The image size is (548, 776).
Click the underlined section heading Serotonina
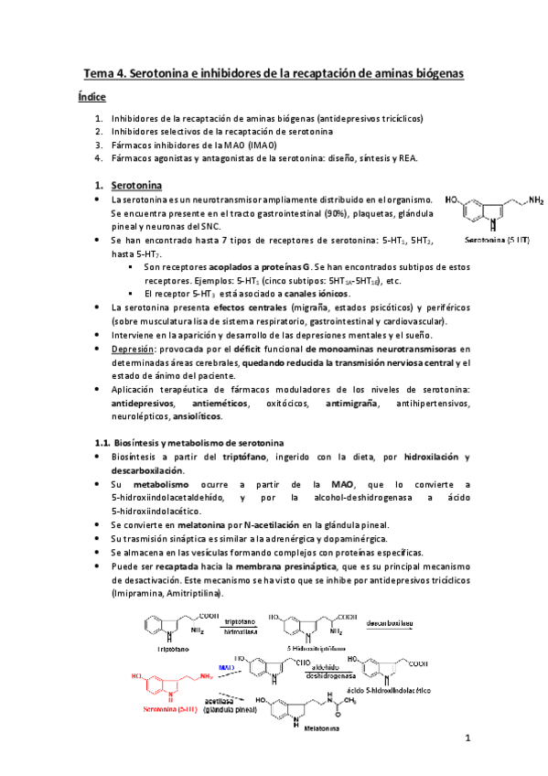coord(136,184)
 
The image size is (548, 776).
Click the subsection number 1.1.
coord(102,442)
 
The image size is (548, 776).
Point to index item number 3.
coord(100,145)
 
